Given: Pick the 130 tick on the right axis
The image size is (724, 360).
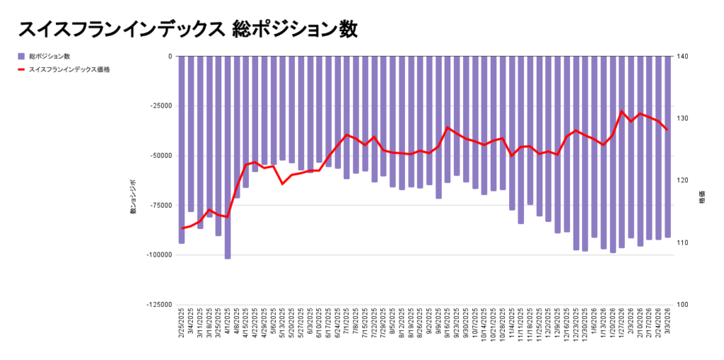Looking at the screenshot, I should tap(687, 119).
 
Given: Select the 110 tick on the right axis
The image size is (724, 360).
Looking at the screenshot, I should tap(687, 243).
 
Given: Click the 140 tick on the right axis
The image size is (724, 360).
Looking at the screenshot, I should tap(687, 57).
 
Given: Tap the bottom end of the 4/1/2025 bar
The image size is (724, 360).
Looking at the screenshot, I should tap(228, 258).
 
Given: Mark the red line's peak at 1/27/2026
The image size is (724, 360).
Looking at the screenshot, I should tap(621, 111).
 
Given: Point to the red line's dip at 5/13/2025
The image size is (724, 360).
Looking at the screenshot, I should tap(283, 184).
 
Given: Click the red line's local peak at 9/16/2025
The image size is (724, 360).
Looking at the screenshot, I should tap(448, 127).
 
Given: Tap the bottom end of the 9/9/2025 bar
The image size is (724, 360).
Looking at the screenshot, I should tap(438, 198).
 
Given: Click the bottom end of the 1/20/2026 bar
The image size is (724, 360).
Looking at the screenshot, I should tap(613, 252).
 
